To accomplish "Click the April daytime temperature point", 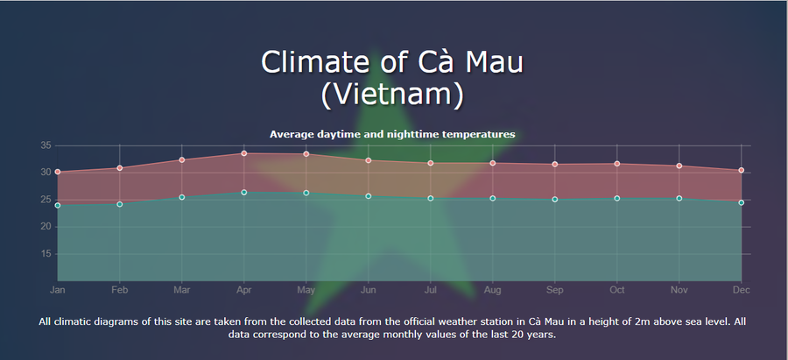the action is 243,153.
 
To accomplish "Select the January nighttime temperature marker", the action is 57,205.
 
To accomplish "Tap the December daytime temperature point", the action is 742,171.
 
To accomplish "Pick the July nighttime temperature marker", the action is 430,199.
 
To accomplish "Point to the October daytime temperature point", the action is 617,164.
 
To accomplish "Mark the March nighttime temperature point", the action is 182,197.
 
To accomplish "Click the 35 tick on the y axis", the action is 46,145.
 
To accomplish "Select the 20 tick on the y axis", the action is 46,227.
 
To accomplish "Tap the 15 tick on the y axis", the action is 46,254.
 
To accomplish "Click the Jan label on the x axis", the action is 57,290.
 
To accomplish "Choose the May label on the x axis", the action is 306,290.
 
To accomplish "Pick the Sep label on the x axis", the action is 555,290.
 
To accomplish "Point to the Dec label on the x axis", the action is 742,290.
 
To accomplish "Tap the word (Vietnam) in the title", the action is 392,95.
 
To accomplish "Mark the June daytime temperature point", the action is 369,160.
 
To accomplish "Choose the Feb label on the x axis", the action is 120,290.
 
